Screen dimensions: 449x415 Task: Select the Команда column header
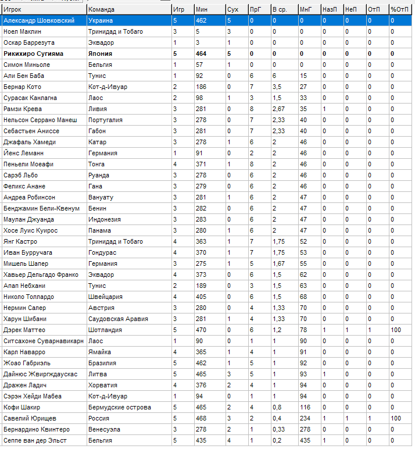[101, 9]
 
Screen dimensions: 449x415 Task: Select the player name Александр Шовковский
[38, 20]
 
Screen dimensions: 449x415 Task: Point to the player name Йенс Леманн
[23, 153]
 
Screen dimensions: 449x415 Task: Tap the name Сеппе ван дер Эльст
[35, 440]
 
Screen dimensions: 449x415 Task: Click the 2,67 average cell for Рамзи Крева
[278, 109]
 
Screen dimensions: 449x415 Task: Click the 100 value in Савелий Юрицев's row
[395, 418]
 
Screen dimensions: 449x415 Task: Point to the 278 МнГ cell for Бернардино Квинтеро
[305, 429]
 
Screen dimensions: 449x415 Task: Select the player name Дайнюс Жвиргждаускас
[40, 374]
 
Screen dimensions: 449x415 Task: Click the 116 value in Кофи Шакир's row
[305, 407]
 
